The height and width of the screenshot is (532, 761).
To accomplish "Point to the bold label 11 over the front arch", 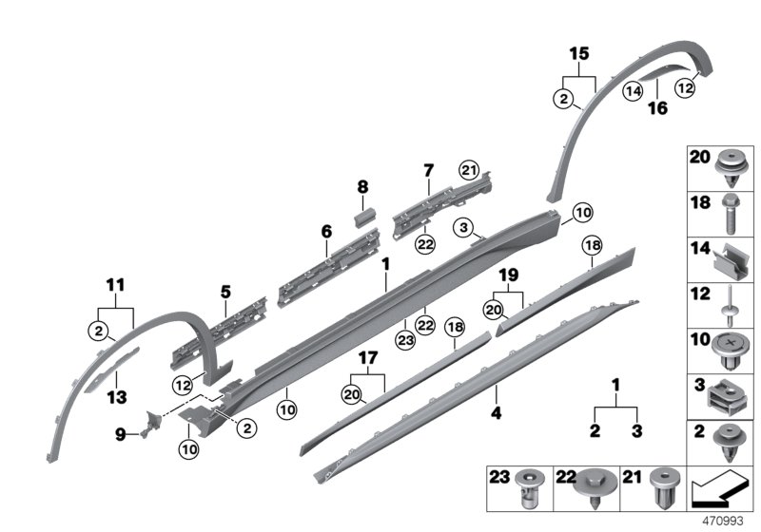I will [x=115, y=284].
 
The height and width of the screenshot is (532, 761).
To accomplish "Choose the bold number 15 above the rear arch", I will [x=578, y=55].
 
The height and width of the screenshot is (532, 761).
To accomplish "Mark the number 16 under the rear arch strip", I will [x=657, y=109].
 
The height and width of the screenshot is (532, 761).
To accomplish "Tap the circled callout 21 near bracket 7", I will [x=467, y=170].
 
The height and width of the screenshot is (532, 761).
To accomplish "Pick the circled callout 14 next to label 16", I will [x=633, y=91].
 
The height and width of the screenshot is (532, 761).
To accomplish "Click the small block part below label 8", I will [x=361, y=217].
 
